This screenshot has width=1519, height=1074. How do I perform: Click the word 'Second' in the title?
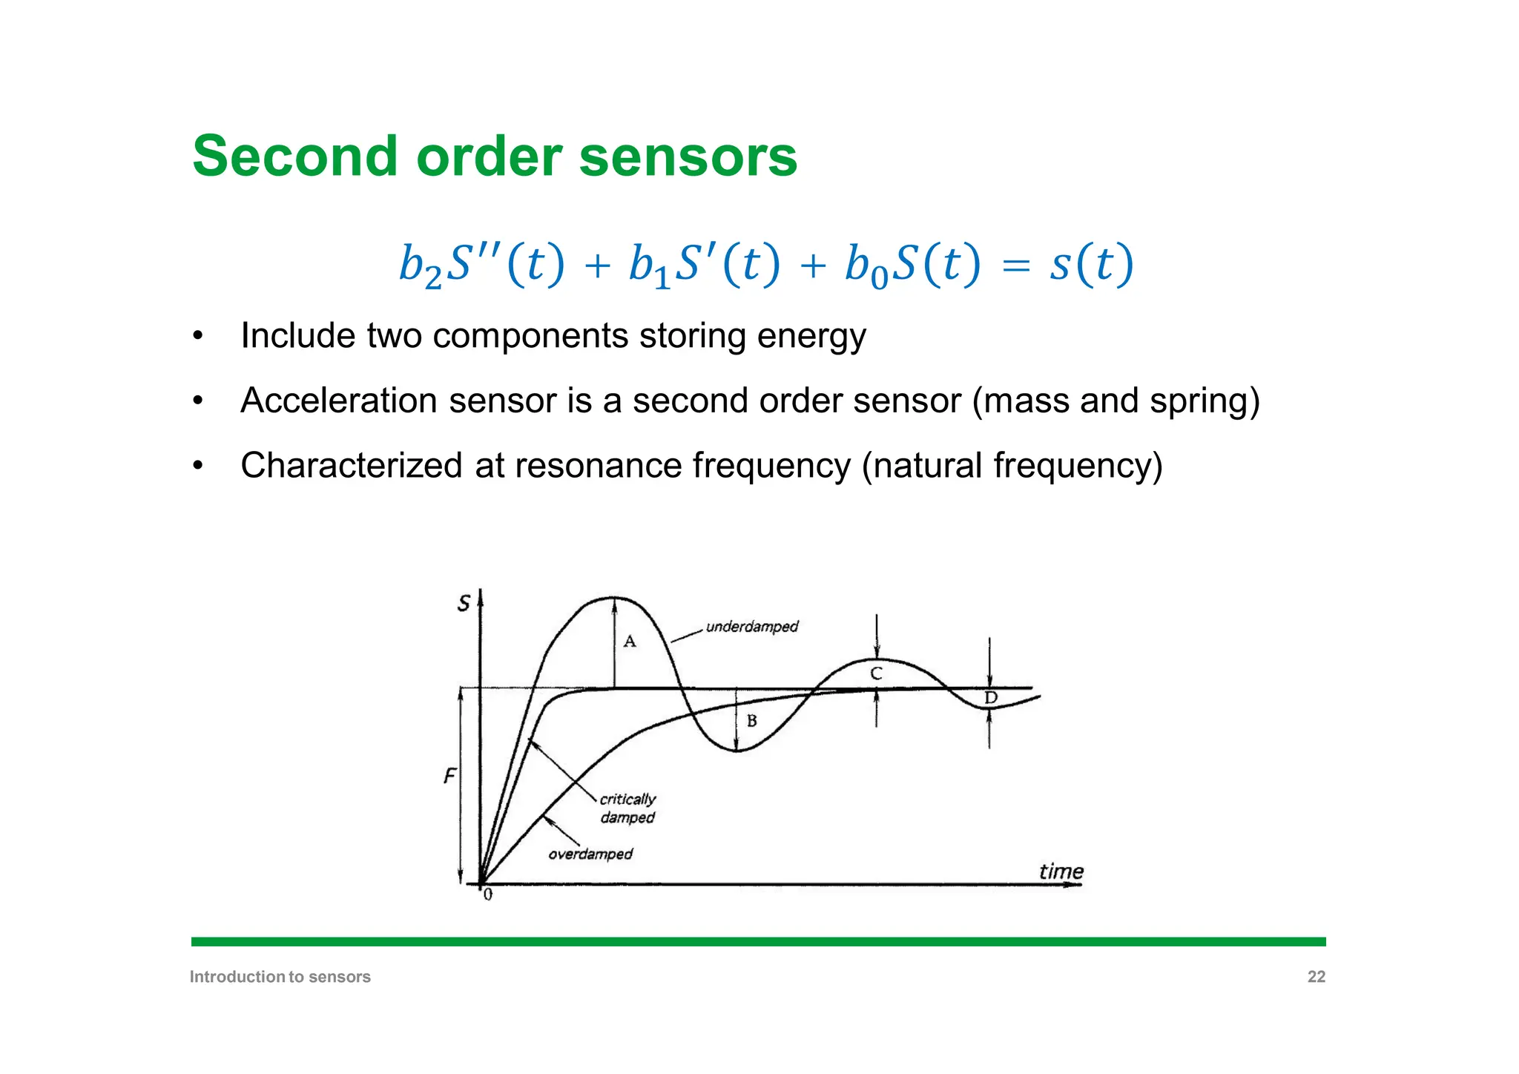coord(294,157)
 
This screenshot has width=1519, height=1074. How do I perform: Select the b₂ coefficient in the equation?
coord(419,266)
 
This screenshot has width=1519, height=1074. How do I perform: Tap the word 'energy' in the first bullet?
coord(811,336)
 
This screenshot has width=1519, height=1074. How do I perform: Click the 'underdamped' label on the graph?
coord(751,627)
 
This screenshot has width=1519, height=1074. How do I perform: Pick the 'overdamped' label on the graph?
coord(590,854)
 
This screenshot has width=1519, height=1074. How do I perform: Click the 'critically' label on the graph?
coord(627,800)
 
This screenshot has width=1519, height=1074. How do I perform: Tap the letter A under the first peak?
coord(630,642)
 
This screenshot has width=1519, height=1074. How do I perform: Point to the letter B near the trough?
coord(751,721)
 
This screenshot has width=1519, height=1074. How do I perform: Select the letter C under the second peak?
coord(876,673)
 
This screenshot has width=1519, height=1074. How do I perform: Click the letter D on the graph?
coord(991,698)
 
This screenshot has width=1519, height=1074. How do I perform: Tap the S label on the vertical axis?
coord(464,604)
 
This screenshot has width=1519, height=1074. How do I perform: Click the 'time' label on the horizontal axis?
coord(1061,872)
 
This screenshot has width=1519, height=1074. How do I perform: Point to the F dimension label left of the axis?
coord(449,777)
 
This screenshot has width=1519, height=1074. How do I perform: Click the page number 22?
coord(1316,977)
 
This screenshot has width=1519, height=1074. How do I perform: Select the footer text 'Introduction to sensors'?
coord(280,977)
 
